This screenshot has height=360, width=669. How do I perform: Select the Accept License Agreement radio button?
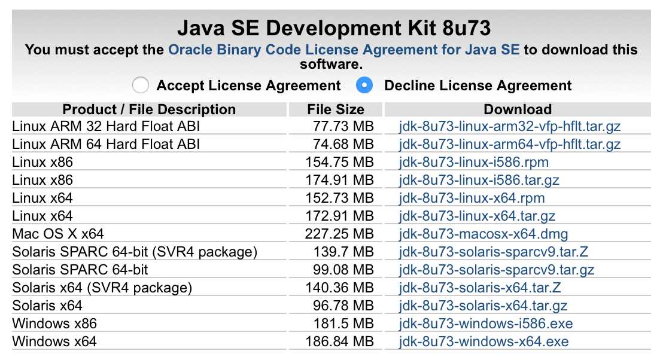pos(141,86)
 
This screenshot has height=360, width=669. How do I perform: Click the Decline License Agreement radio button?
pos(364,86)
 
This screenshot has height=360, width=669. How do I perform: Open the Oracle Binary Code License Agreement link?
pos(344,50)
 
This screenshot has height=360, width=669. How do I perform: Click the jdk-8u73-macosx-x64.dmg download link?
pos(483,234)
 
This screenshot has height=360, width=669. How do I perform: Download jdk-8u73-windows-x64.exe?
pos(483,341)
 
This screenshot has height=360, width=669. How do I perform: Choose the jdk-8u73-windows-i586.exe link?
pos(486,324)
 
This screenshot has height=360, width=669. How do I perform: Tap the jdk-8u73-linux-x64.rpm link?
pos(472,198)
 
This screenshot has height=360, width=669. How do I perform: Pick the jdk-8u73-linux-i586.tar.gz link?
pos(479,180)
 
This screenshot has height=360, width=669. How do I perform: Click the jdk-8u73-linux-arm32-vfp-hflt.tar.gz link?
pos(510,126)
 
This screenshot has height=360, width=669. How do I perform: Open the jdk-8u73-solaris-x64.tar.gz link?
pos(483,306)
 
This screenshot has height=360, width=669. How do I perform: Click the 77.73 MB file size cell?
pos(343,126)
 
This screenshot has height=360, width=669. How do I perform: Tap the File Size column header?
pos(335,109)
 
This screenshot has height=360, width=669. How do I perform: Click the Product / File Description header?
pos(149,109)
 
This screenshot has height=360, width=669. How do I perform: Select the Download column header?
pos(517,109)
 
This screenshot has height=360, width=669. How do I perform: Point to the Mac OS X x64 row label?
pos(58,234)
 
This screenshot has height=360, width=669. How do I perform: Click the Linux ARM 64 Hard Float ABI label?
pos(106,144)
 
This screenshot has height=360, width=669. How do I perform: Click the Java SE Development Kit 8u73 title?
pos(334,28)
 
